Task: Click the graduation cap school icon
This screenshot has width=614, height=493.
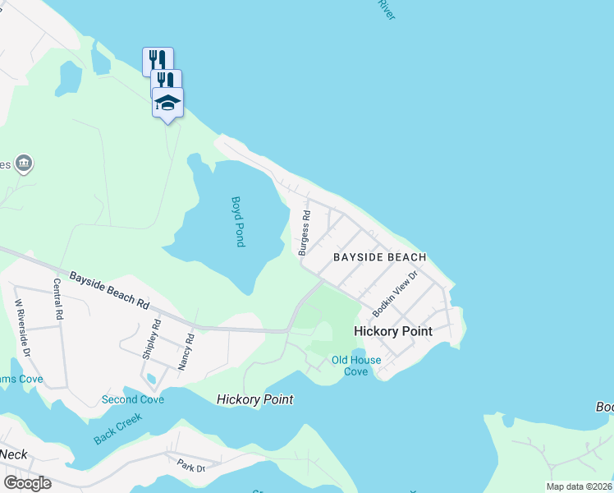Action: click(x=167, y=103)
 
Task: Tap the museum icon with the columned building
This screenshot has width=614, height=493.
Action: click(x=24, y=164)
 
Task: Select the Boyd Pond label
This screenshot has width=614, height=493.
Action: click(x=238, y=222)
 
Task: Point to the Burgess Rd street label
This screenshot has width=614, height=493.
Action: click(x=304, y=233)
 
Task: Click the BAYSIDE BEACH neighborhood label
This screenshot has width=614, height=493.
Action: click(x=379, y=257)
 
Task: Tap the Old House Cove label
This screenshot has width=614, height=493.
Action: click(x=356, y=366)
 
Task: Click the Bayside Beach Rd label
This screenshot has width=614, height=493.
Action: click(x=109, y=290)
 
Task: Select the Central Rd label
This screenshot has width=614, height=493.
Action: click(x=58, y=298)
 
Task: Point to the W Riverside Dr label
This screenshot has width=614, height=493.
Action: click(x=22, y=326)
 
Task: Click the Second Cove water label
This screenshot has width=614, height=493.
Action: click(x=132, y=399)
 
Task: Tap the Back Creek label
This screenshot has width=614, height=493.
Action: click(x=118, y=428)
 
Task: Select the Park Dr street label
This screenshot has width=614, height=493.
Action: click(x=190, y=465)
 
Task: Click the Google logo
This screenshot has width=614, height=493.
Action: click(x=27, y=482)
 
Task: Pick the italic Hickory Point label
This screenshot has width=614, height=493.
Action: click(x=254, y=399)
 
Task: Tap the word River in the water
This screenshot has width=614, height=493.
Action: click(x=387, y=9)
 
